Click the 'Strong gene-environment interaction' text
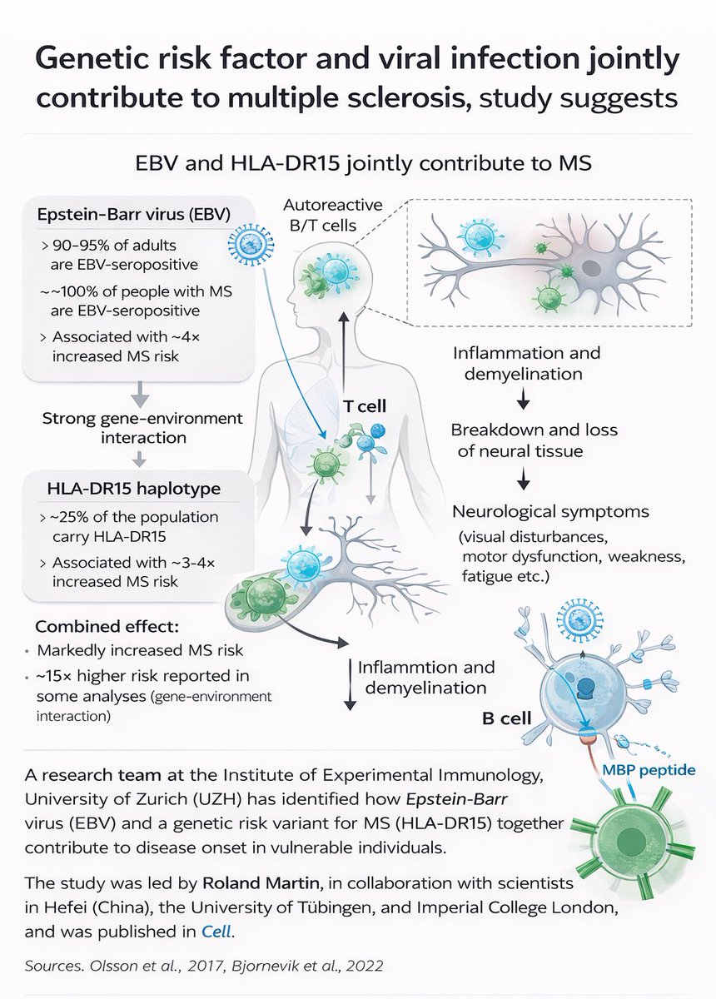click(x=142, y=427)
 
